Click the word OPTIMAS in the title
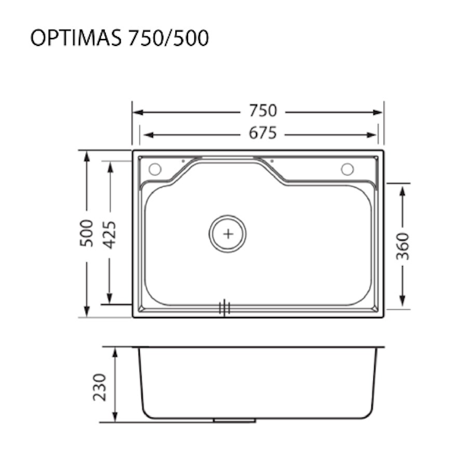[x=76, y=38]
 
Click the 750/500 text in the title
[x=168, y=38]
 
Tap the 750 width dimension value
[x=263, y=111]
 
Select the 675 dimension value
[x=263, y=133]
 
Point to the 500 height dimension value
[x=87, y=233]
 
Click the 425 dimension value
[x=110, y=235]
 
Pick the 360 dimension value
[x=402, y=246]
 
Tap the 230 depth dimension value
[x=99, y=387]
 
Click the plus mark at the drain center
[x=228, y=234]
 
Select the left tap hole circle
[x=155, y=169]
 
